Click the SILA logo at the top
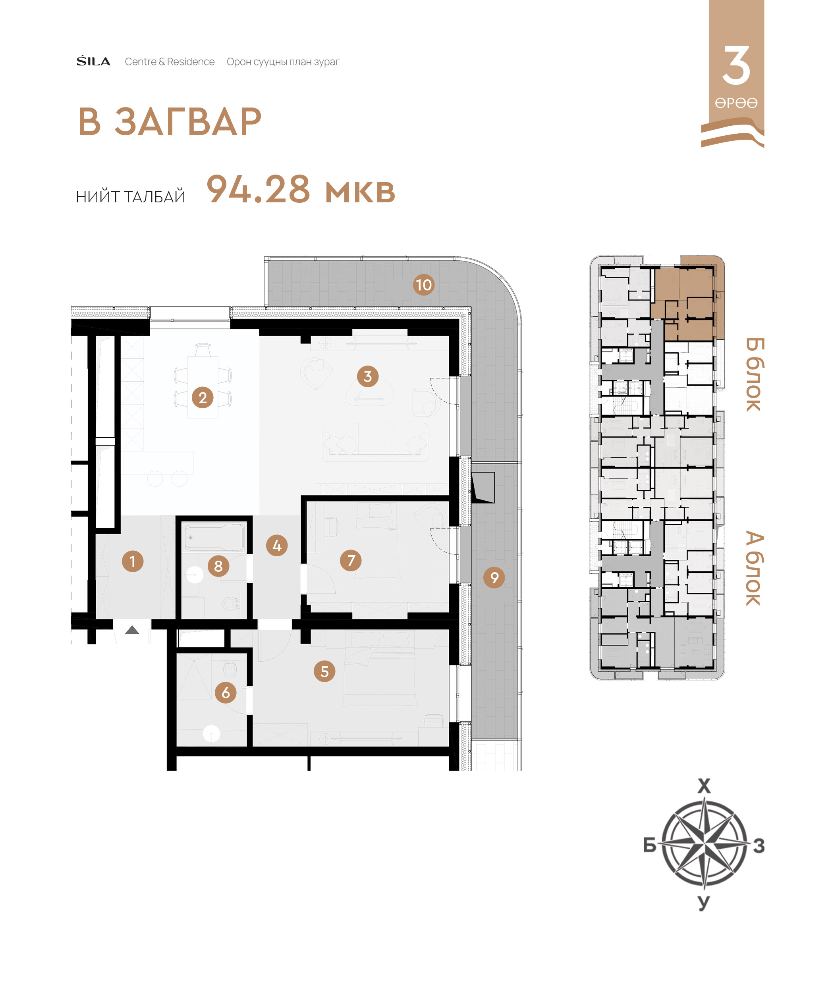(x=94, y=61)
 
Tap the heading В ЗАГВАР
(x=170, y=122)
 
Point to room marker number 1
(x=133, y=561)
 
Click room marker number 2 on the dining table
(x=203, y=397)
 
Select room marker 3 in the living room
(x=368, y=376)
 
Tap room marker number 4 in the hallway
(x=277, y=546)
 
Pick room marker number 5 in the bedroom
(x=324, y=671)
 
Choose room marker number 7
(x=351, y=560)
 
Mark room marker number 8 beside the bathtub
(x=218, y=565)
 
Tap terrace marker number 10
(x=424, y=285)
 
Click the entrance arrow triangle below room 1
(x=132, y=630)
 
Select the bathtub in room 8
(x=214, y=537)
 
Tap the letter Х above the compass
(x=704, y=786)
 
